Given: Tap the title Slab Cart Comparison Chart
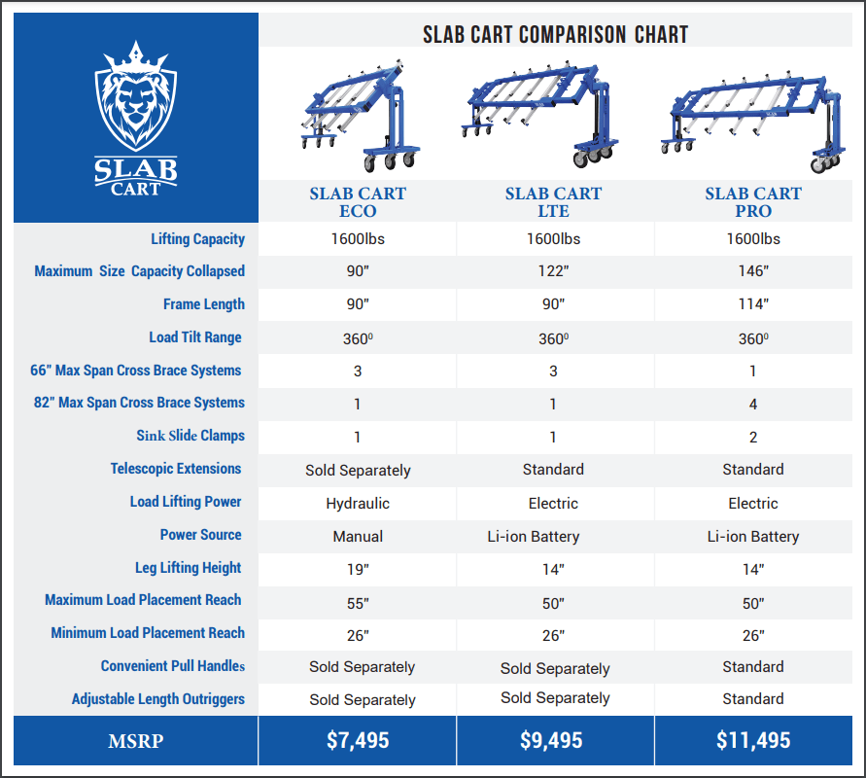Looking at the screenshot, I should [x=555, y=35].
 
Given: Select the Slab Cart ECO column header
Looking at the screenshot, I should [x=358, y=202].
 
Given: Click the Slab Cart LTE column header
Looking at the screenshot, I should [x=553, y=202].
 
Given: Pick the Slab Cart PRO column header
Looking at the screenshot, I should [x=753, y=202].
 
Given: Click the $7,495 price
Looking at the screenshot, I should [x=358, y=741].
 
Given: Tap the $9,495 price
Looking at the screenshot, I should [x=553, y=741].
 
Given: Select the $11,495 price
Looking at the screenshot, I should [x=753, y=741].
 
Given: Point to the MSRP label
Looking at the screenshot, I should [x=135, y=742].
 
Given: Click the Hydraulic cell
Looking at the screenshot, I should [x=358, y=504].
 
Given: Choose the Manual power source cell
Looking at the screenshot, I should [x=358, y=537].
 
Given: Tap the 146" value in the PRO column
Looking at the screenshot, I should [x=753, y=271].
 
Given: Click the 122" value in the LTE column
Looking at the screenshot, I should [x=553, y=271].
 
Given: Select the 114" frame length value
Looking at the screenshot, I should [x=753, y=304].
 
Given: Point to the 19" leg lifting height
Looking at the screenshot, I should [x=358, y=570].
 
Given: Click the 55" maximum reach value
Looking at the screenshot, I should [x=358, y=603].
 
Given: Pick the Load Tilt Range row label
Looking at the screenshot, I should [x=195, y=337].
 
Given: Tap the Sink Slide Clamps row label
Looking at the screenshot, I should [x=191, y=436].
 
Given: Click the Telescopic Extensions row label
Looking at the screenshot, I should [x=176, y=469].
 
